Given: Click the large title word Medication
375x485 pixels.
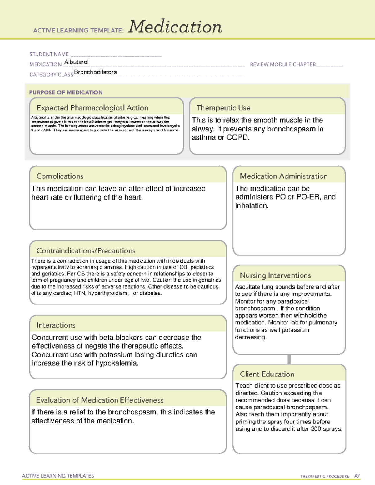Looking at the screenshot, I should coord(175,27).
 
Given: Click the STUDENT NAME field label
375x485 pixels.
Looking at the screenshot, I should coord(49,54).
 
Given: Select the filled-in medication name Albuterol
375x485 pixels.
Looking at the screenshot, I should coord(77,62).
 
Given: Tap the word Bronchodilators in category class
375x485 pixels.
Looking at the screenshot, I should coord(95,72).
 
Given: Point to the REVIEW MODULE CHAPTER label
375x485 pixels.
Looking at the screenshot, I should coord(283,64).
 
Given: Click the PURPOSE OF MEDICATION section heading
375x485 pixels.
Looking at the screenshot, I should coord(66,92).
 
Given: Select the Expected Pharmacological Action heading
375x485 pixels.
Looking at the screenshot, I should coord(92,108).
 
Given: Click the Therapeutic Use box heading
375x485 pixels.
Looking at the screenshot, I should coord(223,108).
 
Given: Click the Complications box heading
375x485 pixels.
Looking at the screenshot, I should coord(60,176).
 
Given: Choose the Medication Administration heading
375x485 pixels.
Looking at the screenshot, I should coord(284,176).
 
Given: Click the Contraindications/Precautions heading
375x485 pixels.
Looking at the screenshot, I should coord(86,251).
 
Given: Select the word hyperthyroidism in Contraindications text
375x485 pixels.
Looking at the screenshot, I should coord(108,293).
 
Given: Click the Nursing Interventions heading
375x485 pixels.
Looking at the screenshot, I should coord(275,275).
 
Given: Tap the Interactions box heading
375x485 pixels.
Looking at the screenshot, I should coord(56,325).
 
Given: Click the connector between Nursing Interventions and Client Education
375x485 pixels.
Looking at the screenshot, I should coord(289,359).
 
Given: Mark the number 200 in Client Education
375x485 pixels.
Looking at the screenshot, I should coord(316,429).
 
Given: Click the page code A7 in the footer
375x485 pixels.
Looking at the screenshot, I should coord(357,476).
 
